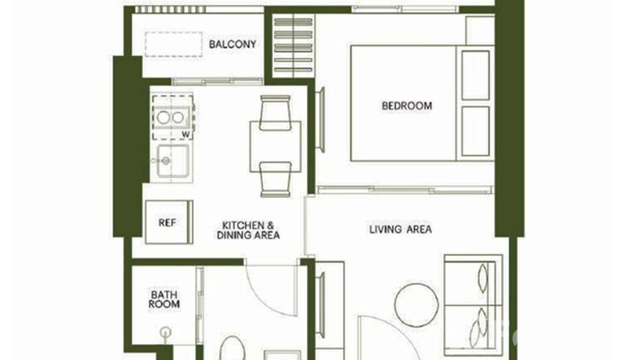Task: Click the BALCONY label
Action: click(x=233, y=44)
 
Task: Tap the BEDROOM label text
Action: click(x=406, y=106)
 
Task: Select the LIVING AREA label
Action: click(x=400, y=229)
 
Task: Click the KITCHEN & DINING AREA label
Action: click(x=248, y=230)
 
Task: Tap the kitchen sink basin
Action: click(x=172, y=160)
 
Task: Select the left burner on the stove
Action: click(x=163, y=117)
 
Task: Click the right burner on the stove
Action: click(x=178, y=117)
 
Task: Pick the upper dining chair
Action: click(x=275, y=113)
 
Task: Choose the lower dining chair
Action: click(x=275, y=179)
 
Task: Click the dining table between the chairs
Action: click(x=275, y=146)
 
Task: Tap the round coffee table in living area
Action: click(x=417, y=305)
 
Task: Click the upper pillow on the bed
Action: click(x=475, y=75)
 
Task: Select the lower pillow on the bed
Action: click(x=475, y=131)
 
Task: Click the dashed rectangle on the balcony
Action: click(x=173, y=44)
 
